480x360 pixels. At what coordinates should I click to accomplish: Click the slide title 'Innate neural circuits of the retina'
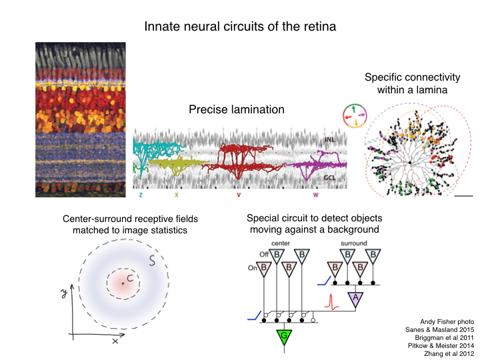click(x=240, y=27)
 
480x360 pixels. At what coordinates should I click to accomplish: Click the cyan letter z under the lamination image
click(x=141, y=195)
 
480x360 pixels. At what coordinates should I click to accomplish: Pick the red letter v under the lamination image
click(x=239, y=195)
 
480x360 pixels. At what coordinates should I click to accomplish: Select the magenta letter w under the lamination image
click(x=316, y=195)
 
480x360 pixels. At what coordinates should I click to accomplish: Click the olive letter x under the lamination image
click(x=176, y=195)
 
